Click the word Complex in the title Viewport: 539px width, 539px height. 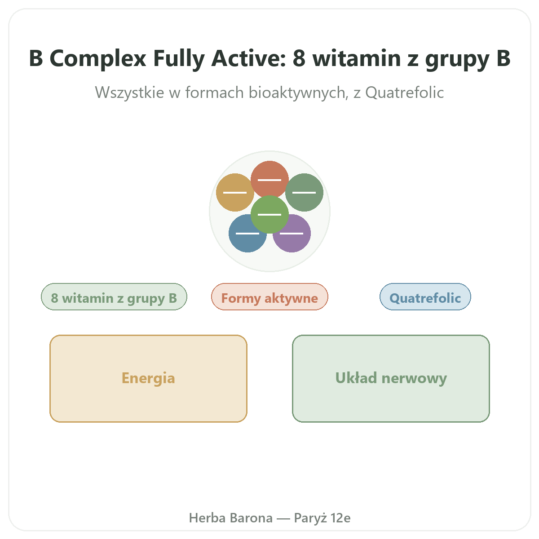[x=98, y=59]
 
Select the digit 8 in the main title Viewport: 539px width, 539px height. [x=299, y=58]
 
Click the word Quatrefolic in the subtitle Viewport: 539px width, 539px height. [x=404, y=93]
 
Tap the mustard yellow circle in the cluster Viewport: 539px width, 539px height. [x=235, y=192]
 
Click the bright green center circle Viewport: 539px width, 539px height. [x=269, y=215]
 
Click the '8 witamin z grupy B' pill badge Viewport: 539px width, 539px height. [x=114, y=297]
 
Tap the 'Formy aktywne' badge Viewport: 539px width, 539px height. [x=269, y=297]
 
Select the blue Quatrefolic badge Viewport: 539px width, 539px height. [x=425, y=297]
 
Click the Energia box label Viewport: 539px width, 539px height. [x=148, y=378]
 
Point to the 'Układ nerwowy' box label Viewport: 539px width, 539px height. [x=391, y=378]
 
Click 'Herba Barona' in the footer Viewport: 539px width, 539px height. [x=231, y=518]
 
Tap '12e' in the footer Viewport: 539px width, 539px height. [x=340, y=518]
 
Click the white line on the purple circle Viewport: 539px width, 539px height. [x=292, y=233]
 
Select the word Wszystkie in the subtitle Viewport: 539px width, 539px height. [x=129, y=93]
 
